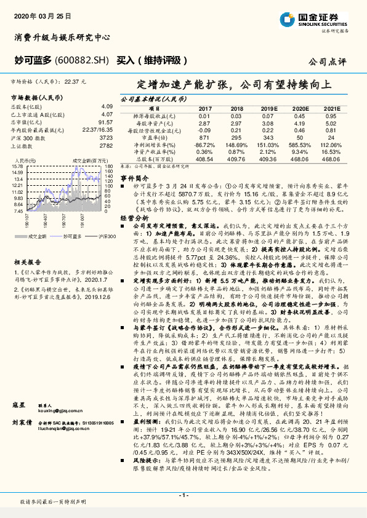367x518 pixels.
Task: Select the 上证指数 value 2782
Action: [x=106, y=146]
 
